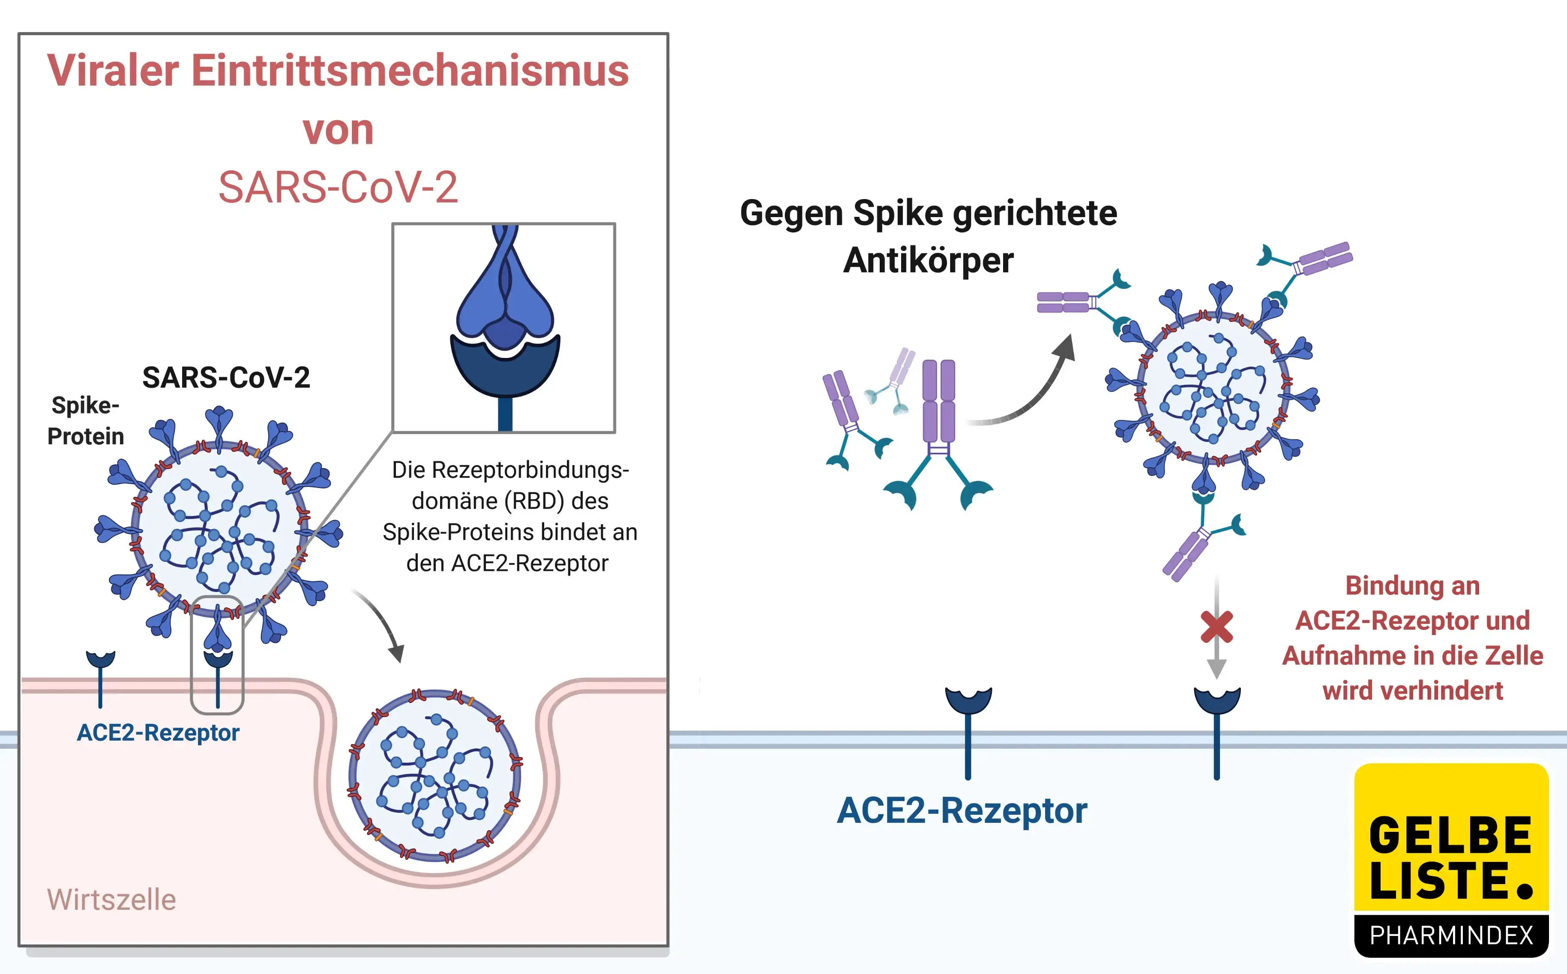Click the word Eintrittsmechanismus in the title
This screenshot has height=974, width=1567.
point(410,71)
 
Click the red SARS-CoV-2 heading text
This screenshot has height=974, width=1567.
point(338,188)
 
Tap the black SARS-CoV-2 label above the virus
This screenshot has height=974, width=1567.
point(226,378)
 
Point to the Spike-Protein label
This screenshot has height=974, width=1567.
point(85,421)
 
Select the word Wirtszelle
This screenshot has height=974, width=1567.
point(111,899)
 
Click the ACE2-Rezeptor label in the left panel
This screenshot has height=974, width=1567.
point(158,733)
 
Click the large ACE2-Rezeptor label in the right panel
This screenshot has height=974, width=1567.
point(962,810)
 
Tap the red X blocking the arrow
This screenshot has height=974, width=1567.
point(1216,627)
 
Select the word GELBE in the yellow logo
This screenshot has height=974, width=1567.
point(1450,836)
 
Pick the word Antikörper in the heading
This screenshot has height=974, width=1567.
point(928,260)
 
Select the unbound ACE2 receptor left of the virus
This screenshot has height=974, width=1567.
point(101,676)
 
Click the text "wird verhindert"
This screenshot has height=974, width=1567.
point(1412,691)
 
